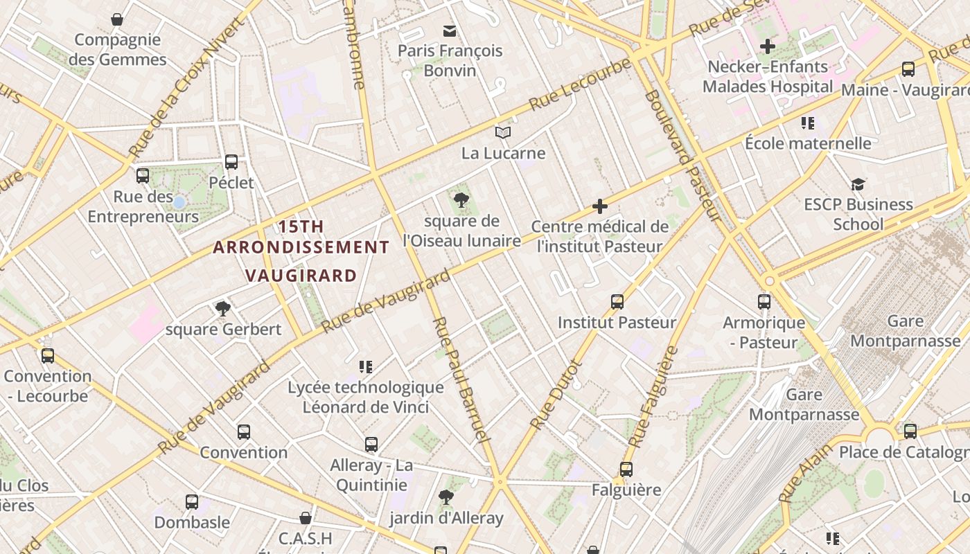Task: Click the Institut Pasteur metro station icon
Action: [x=617, y=302]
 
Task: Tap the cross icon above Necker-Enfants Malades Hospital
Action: [x=767, y=46]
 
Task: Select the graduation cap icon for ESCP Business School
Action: [x=858, y=184]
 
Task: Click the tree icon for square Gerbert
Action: [x=222, y=308]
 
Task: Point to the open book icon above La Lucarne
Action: [x=503, y=132]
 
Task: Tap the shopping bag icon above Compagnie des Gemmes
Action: [x=117, y=19]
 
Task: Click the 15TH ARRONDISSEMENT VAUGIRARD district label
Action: [x=301, y=251]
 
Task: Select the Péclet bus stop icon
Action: [x=231, y=162]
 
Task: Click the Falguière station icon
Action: [x=626, y=470]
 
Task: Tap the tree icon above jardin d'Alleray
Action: [x=446, y=497]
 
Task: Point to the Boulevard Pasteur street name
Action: [x=683, y=156]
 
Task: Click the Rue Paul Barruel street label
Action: [x=461, y=381]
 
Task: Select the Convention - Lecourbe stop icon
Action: [x=47, y=356]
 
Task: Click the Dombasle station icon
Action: [x=191, y=501]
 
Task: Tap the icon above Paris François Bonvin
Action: [x=450, y=30]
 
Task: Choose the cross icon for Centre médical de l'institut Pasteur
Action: [x=600, y=206]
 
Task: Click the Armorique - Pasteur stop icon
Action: [x=764, y=302]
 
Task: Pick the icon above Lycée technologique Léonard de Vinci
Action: [x=366, y=367]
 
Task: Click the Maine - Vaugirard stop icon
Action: [x=908, y=69]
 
